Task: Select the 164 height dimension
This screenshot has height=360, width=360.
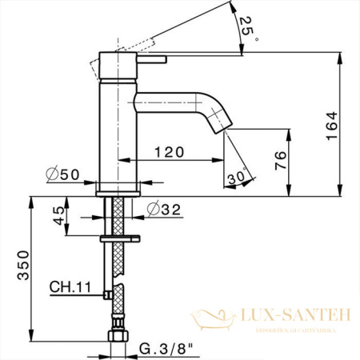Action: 332,125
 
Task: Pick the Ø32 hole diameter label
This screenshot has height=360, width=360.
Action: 163,211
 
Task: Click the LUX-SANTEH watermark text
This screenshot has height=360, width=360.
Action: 295,317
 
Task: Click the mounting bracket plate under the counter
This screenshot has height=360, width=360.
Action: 121,238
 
